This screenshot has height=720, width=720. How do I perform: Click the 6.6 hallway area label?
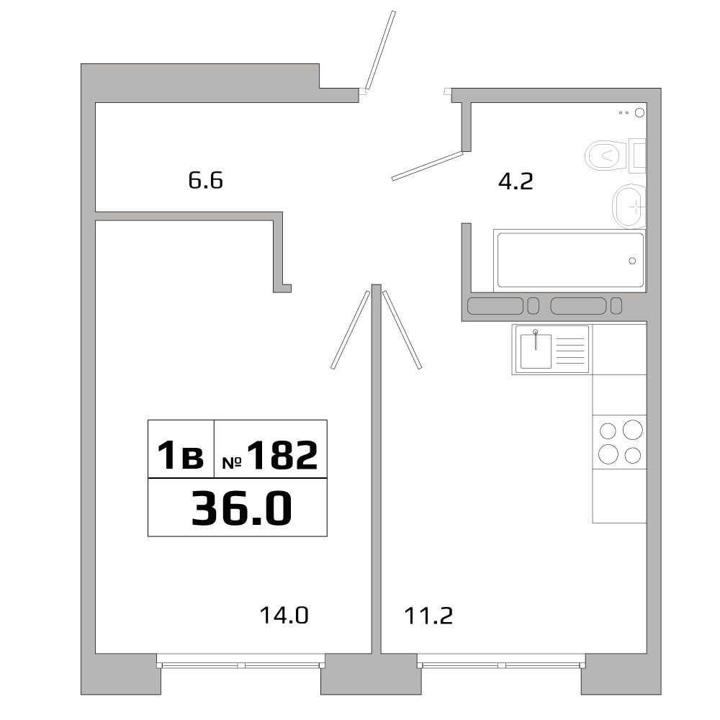click(x=206, y=180)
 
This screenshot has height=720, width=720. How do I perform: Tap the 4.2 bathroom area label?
click(x=516, y=181)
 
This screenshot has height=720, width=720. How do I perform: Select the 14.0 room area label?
click(x=284, y=616)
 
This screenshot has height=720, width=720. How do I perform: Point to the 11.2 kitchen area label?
click(x=428, y=616)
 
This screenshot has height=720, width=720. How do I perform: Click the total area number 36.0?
click(x=241, y=508)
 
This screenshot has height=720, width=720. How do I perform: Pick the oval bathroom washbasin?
click(x=629, y=206)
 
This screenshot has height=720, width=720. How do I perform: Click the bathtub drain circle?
click(x=632, y=261)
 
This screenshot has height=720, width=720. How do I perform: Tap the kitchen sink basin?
click(x=536, y=351)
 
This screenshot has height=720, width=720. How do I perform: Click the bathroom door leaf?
click(x=426, y=166)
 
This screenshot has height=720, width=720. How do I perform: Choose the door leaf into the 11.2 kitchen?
click(x=401, y=329)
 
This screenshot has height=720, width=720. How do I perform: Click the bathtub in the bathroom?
click(x=569, y=260)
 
